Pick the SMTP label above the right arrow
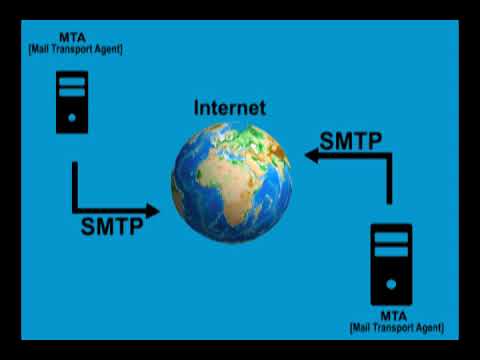(350, 140)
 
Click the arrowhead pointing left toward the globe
(312, 155)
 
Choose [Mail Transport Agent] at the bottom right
(397, 327)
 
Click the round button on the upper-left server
(72, 118)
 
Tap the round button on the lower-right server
(391, 284)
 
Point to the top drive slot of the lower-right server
(391, 237)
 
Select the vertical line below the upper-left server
(75, 185)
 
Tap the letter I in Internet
(196, 107)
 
